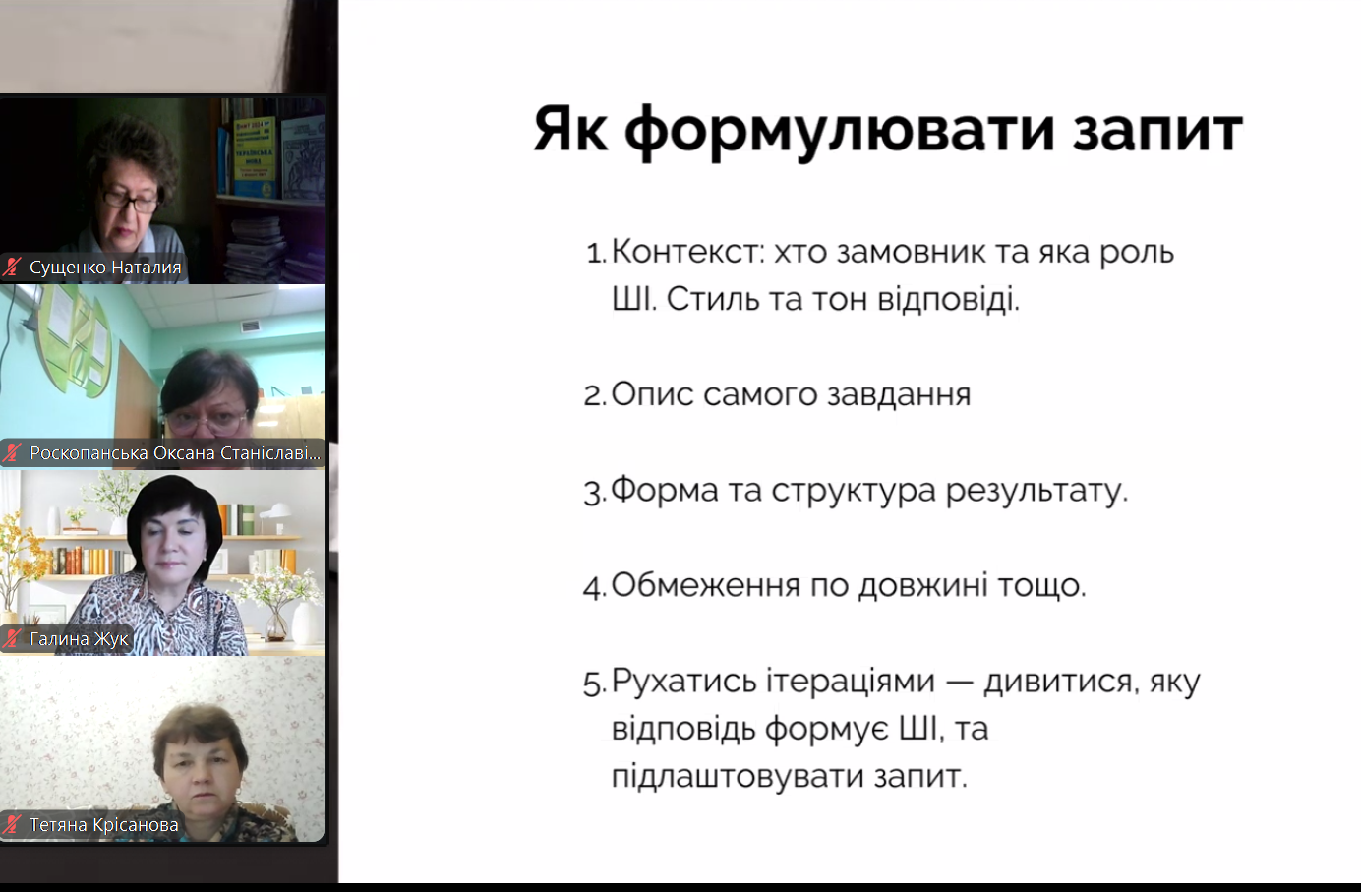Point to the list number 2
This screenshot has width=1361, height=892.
(595, 395)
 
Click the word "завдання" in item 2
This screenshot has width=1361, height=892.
(899, 395)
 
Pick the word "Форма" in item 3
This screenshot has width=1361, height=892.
(665, 490)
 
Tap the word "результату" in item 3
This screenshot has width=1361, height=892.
(1036, 490)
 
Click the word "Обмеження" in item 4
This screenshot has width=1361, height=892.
(705, 584)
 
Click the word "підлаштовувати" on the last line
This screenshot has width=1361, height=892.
(737, 776)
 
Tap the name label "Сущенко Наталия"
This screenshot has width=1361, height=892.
(105, 268)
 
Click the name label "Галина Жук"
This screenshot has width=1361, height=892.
(79, 638)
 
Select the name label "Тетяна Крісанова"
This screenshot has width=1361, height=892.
(104, 824)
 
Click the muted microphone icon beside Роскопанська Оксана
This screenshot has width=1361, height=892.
(12, 453)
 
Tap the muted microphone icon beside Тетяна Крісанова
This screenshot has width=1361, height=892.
(12, 824)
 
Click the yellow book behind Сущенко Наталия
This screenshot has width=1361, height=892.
(255, 155)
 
